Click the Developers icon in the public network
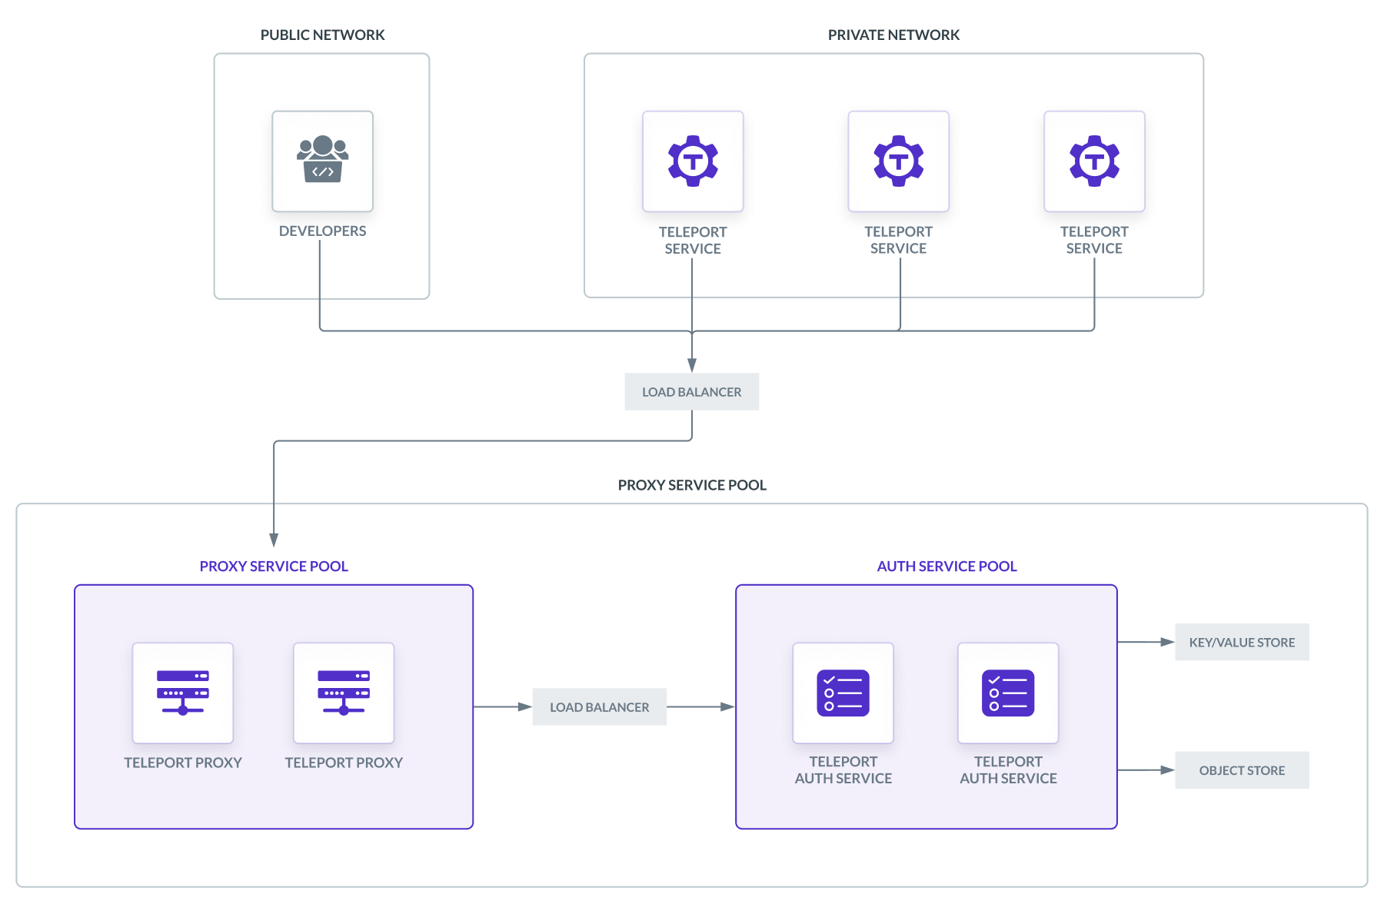[x=322, y=161]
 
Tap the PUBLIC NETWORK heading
[x=322, y=35]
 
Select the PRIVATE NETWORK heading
[x=893, y=35]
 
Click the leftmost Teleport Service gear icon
[x=693, y=161]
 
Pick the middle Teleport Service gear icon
[x=898, y=161]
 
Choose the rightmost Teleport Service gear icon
[x=1094, y=161]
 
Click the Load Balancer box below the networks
[x=691, y=392]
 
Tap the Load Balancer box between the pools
[x=599, y=707]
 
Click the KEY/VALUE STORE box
[x=1242, y=643]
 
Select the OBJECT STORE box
[x=1242, y=770]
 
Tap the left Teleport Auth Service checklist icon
[x=843, y=693]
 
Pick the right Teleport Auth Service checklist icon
[x=1008, y=693]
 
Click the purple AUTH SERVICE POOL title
[x=947, y=567]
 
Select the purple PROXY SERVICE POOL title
[x=274, y=567]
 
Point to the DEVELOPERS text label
[x=322, y=231]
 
